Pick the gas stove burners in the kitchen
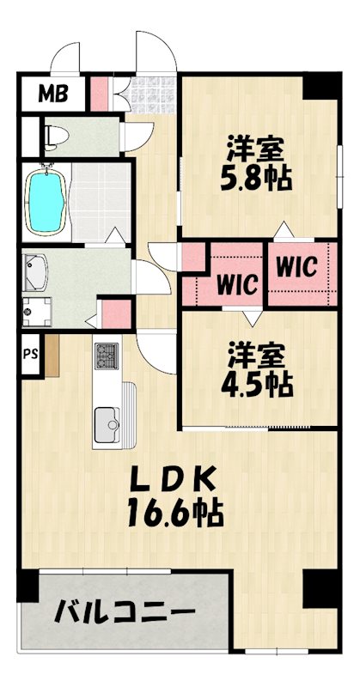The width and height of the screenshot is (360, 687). pyautogui.click(x=107, y=355)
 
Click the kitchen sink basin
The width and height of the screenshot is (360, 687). pyautogui.click(x=107, y=421)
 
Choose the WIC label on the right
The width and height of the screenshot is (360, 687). pyautogui.click(x=297, y=267)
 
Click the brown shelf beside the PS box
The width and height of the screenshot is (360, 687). pyautogui.click(x=50, y=354)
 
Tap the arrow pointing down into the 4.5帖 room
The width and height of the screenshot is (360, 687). pyautogui.click(x=250, y=318)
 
